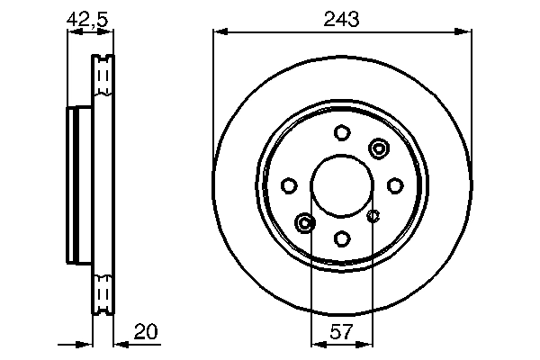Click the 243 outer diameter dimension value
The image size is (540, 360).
[x=341, y=16]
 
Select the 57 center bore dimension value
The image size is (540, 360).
[x=341, y=331]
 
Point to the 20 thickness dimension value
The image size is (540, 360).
[x=145, y=331]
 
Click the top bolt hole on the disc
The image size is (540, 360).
[x=341, y=133]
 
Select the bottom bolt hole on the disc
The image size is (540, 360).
[x=341, y=238]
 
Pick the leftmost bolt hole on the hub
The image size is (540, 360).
[x=289, y=186]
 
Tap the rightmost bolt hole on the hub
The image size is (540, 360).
[x=394, y=186]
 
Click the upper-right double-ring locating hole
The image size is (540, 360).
[x=378, y=148]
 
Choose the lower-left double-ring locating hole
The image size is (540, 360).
[x=305, y=222]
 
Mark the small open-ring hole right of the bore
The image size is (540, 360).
[x=376, y=215]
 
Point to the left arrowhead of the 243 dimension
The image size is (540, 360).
[x=219, y=32]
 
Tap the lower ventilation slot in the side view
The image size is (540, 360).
[x=103, y=294]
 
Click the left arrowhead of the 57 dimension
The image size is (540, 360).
[x=315, y=343]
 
